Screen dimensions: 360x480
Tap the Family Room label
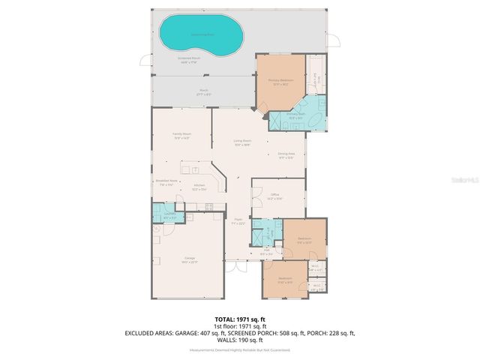(181, 135)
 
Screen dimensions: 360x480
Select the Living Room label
(241, 142)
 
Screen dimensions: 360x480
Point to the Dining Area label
(286, 155)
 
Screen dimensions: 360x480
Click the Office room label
(274, 197)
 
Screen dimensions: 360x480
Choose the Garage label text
(190, 259)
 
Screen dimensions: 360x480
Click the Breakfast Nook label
(166, 182)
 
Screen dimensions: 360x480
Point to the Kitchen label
(199, 187)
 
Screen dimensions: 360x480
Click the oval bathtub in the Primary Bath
(316, 120)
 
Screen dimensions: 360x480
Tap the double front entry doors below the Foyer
(237, 267)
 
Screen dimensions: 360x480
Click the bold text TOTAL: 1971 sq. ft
(240, 318)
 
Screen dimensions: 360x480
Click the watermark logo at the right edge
(469, 180)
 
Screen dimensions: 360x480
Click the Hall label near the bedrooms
(266, 253)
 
